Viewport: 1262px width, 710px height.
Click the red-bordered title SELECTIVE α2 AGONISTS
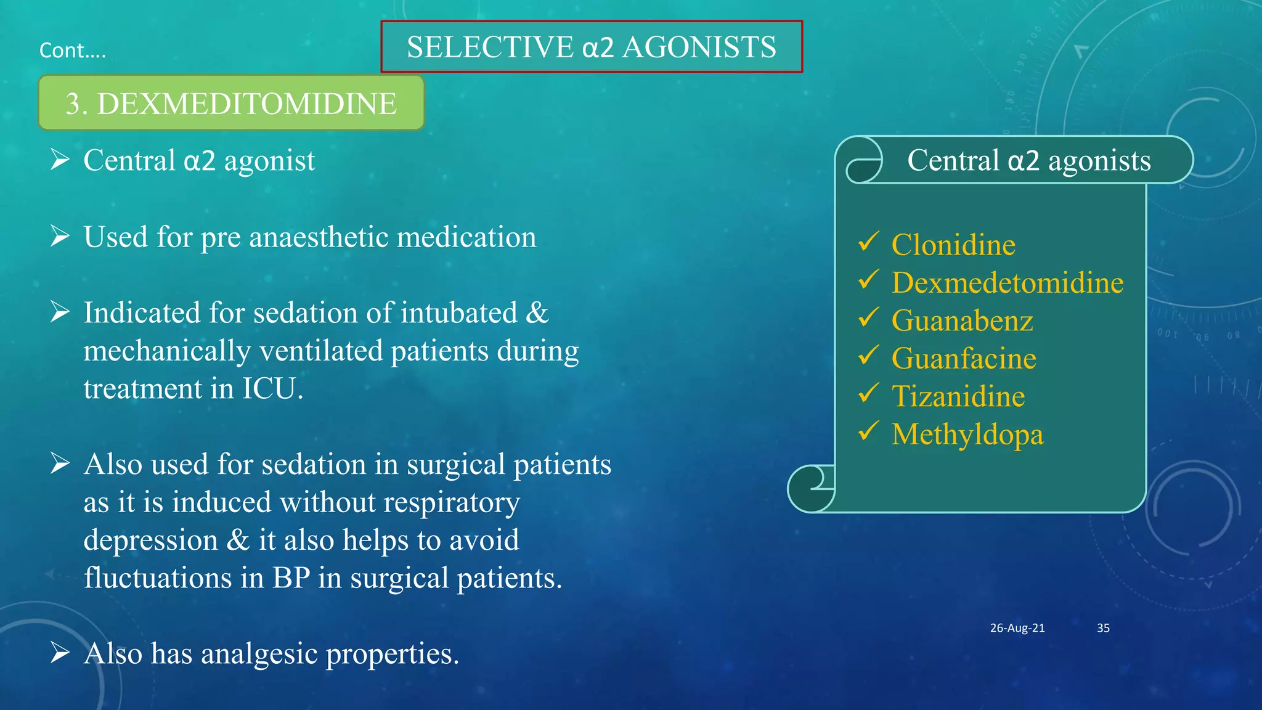coord(592,47)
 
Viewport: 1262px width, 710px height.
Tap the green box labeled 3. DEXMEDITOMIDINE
coord(231,104)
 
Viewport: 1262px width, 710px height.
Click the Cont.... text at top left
coord(72,50)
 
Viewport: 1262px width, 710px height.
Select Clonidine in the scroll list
coord(953,245)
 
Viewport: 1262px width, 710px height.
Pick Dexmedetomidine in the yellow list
coord(1007,283)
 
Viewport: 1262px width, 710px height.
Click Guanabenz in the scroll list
coord(962,320)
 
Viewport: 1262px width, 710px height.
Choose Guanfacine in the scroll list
coord(964,359)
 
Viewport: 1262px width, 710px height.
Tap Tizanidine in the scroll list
coord(958,396)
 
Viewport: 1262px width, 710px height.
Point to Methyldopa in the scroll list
coord(967,435)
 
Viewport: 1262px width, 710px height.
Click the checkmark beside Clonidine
coord(868,242)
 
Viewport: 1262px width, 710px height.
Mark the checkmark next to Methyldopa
coord(868,431)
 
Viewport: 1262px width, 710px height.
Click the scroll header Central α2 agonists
coord(1028,160)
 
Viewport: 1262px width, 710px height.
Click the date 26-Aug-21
coord(1017,628)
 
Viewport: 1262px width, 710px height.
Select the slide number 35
coord(1103,628)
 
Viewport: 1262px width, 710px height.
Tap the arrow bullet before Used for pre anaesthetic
coord(60,236)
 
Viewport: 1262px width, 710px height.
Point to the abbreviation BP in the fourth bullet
coord(291,578)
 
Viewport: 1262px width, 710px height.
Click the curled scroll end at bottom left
coord(812,488)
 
